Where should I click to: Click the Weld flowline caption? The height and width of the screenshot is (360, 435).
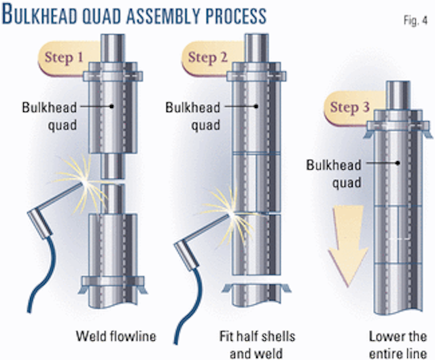tap(106, 335)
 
